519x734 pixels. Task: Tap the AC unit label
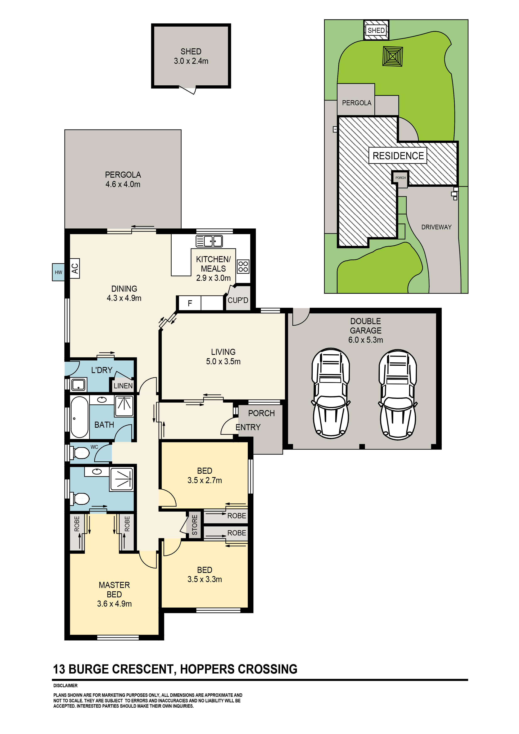tap(75, 268)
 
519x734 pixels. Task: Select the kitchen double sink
tap(209, 241)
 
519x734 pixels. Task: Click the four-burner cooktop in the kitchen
tap(243, 266)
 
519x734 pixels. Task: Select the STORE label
tap(194, 525)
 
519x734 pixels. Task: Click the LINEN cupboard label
tap(123, 386)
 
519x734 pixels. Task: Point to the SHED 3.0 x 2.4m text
tap(191, 56)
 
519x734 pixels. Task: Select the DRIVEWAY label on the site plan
tap(436, 227)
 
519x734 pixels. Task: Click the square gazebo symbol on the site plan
tap(392, 56)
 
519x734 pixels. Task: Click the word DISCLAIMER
tap(65, 685)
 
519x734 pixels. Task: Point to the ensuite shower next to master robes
tap(121, 479)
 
